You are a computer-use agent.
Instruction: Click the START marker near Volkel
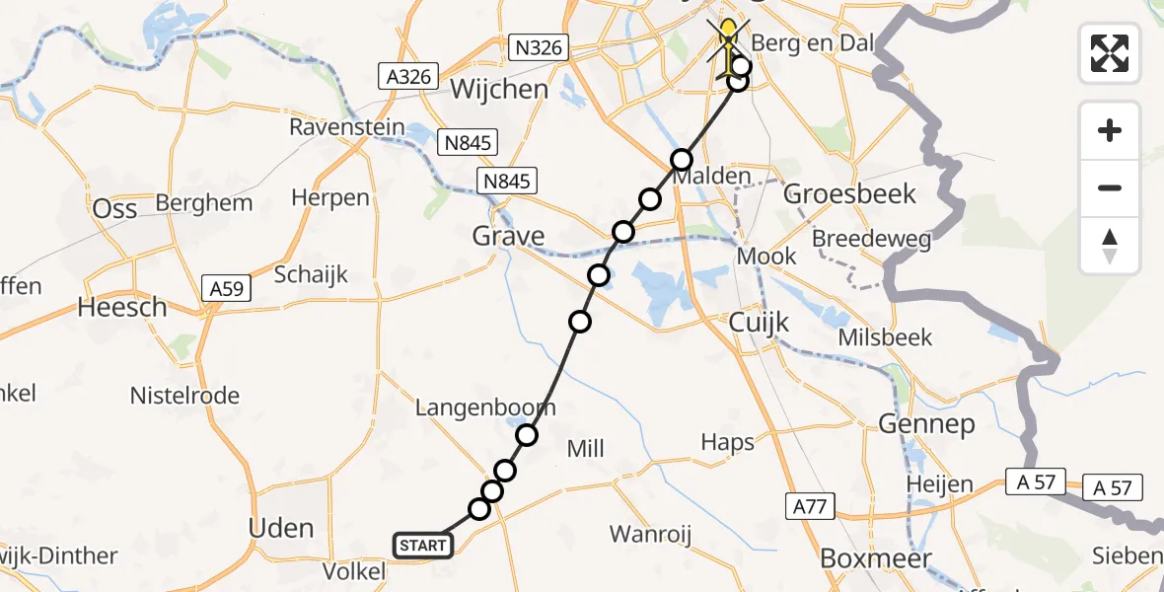coord(423,545)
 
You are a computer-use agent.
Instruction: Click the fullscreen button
coord(1110,52)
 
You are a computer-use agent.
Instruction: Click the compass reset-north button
coord(1110,246)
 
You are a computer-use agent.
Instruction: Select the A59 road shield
coord(229,288)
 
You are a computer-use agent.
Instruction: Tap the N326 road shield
coord(539,46)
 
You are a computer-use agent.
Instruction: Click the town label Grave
coord(508,236)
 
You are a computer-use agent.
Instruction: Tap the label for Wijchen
coord(498,90)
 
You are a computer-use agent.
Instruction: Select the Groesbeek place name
coord(849,193)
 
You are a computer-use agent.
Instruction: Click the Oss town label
coord(114,208)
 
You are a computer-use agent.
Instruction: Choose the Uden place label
coord(282,528)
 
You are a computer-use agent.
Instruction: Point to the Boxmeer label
coord(876,558)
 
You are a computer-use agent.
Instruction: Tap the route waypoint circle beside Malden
coord(682,160)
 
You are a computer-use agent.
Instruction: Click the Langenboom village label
coord(485,407)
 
